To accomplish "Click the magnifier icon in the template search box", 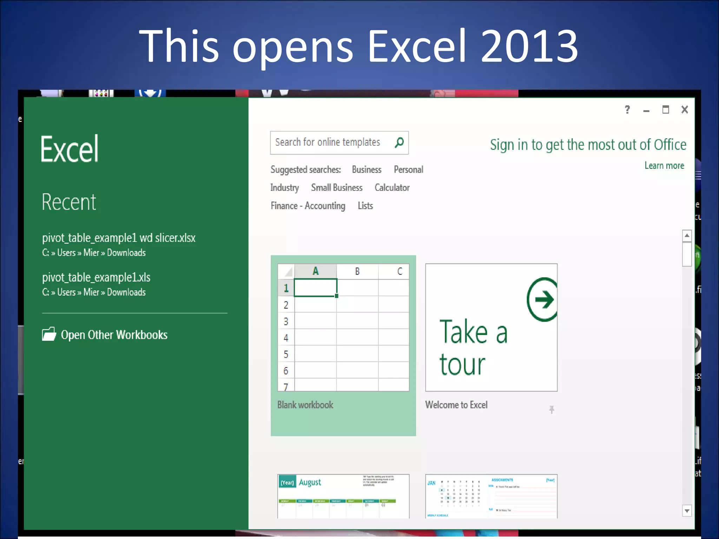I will click(399, 142).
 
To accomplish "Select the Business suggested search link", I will click(367, 170).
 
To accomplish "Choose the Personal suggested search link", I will click(408, 170).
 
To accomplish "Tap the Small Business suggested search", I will click(336, 188).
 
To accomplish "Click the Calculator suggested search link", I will click(392, 188).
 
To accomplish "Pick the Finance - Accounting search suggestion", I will click(308, 206).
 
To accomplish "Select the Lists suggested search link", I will click(365, 206).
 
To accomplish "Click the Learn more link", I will click(664, 166).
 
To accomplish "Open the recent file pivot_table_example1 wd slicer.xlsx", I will click(119, 238).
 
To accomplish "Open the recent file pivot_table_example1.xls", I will click(96, 278).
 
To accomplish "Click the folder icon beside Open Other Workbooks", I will click(49, 334).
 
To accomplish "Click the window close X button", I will click(684, 110).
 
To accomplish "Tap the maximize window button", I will click(665, 110).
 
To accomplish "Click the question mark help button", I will click(627, 110).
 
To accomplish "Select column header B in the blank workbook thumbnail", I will click(357, 271).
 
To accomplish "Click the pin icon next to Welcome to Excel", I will click(552, 409).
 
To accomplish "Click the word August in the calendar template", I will click(310, 483).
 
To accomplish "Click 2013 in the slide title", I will click(529, 46).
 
